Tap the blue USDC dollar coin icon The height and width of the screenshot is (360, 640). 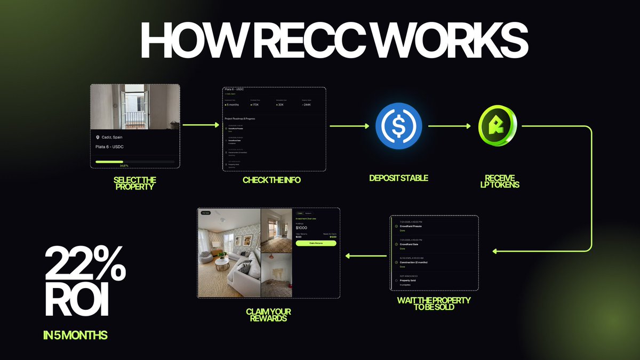398,126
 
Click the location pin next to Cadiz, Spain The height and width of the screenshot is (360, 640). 97,137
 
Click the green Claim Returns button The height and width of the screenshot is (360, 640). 316,243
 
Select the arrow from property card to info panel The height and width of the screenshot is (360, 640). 200,126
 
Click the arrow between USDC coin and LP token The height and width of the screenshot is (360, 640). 449,126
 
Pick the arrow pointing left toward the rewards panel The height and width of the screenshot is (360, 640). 366,257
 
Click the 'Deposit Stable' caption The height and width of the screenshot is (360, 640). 398,178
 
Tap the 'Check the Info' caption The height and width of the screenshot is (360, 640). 271,180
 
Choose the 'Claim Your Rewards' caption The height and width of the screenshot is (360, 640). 269,315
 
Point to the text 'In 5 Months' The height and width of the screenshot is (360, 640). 75,335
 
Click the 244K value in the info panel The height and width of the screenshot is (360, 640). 308,105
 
